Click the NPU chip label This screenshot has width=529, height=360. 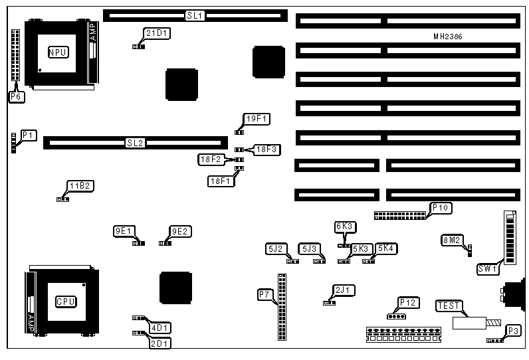(x=58, y=52)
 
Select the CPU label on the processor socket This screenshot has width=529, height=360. (x=65, y=302)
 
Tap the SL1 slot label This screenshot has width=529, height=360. (x=194, y=15)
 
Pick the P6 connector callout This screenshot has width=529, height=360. (x=16, y=97)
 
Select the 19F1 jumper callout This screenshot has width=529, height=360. (x=256, y=119)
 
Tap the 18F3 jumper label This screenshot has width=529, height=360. (x=269, y=149)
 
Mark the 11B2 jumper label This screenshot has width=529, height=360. (x=78, y=185)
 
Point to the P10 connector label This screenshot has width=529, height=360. (x=441, y=208)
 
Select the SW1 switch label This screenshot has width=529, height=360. (x=488, y=269)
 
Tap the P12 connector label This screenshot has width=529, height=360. (x=407, y=303)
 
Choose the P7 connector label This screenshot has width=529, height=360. (x=264, y=294)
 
